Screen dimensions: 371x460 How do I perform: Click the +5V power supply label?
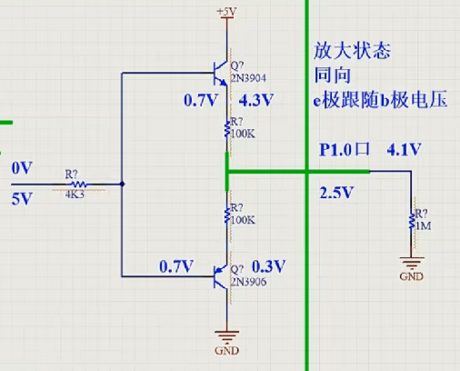pyautogui.click(x=226, y=11)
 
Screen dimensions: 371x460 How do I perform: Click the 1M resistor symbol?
pyautogui.click(x=414, y=222)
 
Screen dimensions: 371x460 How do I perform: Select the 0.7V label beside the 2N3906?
pyautogui.click(x=176, y=266)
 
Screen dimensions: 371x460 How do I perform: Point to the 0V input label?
pyautogui.click(x=22, y=169)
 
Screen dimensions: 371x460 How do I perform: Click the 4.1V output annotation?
pyautogui.click(x=405, y=148)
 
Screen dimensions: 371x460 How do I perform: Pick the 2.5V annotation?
pyautogui.click(x=336, y=193)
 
